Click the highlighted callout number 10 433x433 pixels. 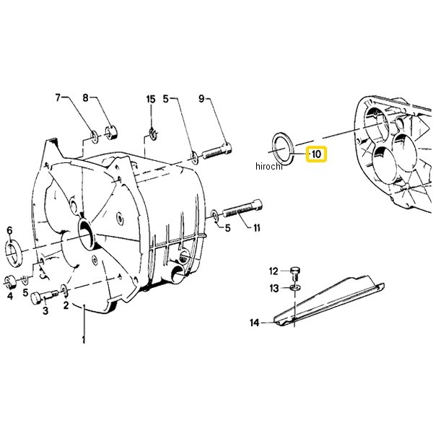[x=316, y=154]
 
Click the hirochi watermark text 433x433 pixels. [x=269, y=166]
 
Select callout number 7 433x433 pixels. [x=58, y=97]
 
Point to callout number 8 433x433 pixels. [x=86, y=97]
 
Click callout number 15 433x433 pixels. [x=151, y=100]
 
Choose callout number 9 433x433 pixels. [x=201, y=99]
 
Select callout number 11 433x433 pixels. [x=257, y=228]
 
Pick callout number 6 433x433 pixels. [x=9, y=230]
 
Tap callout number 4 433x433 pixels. [x=10, y=296]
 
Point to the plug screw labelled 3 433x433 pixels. [x=44, y=297]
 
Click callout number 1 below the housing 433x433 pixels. [x=84, y=340]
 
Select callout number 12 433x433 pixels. [x=274, y=271]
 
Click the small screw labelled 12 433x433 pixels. [x=295, y=273]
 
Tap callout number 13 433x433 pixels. [x=274, y=289]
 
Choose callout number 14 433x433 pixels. [x=254, y=323]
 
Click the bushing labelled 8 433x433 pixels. [x=111, y=133]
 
